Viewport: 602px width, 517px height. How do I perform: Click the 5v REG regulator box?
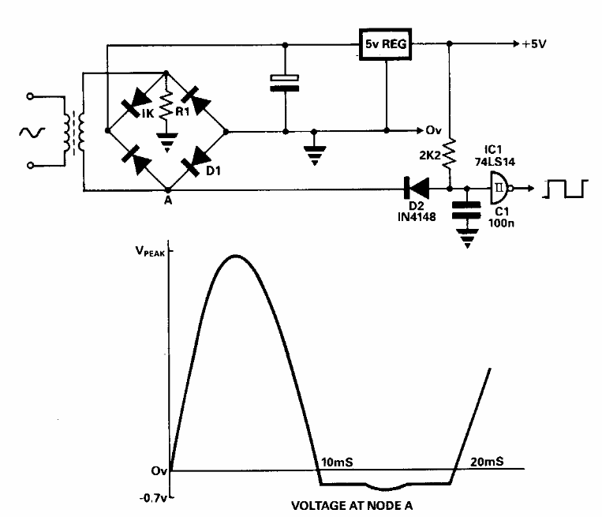pyautogui.click(x=386, y=44)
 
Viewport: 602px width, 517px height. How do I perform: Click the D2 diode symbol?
pyautogui.click(x=415, y=188)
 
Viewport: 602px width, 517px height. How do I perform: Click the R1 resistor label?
pyautogui.click(x=183, y=111)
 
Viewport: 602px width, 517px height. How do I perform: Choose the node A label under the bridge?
pyautogui.click(x=167, y=202)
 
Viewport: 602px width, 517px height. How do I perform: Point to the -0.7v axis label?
pyautogui.click(x=150, y=497)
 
